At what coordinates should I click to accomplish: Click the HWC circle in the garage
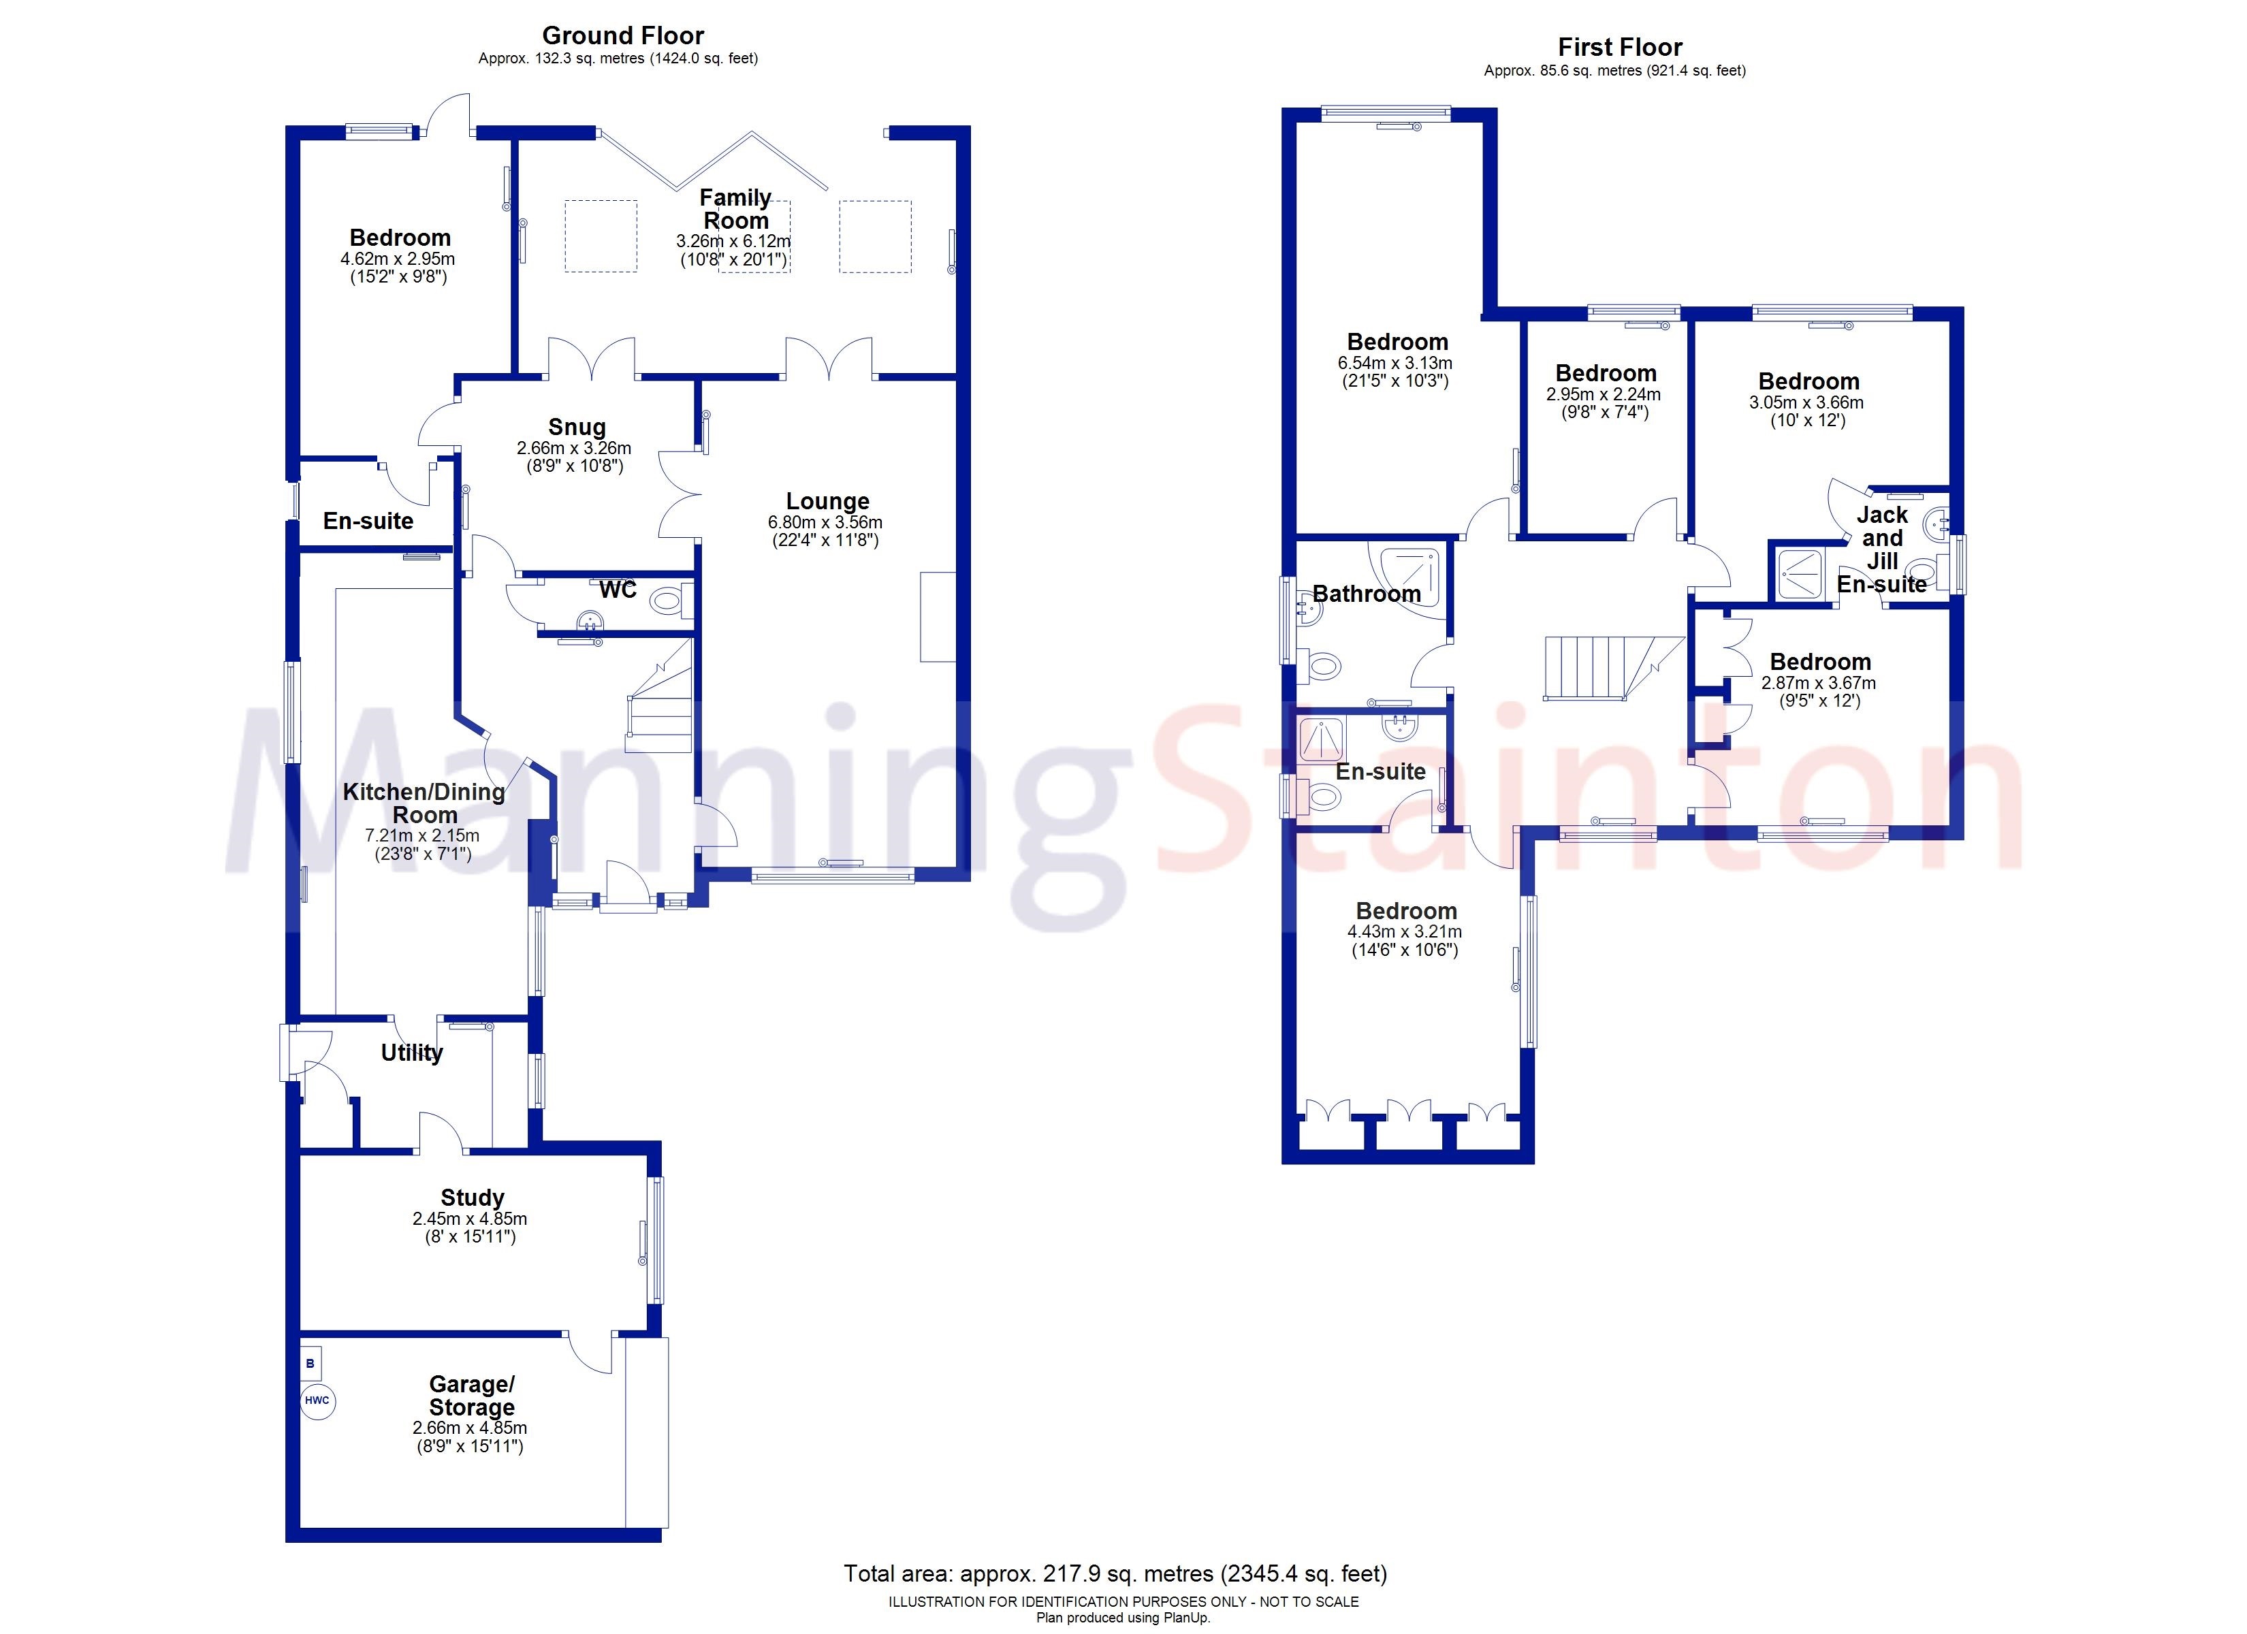tap(317, 1400)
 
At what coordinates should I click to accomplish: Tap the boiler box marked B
tap(310, 1364)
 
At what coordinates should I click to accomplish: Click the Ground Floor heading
tap(623, 35)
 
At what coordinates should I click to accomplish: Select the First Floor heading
tap(1620, 46)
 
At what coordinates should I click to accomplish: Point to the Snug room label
tap(577, 427)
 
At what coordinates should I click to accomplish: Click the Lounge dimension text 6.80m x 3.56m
tap(825, 522)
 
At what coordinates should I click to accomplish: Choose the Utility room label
tap(412, 1053)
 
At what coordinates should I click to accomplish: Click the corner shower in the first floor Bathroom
tap(1406, 579)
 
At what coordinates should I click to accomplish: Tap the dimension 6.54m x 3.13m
tap(1395, 364)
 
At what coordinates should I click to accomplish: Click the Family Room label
tap(735, 209)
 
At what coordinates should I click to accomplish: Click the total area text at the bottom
tap(1115, 1573)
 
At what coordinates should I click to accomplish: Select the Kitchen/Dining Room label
tap(424, 803)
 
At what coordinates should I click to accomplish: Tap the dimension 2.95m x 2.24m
tap(1604, 394)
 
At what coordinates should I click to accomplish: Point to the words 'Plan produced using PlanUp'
tap(1123, 1617)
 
